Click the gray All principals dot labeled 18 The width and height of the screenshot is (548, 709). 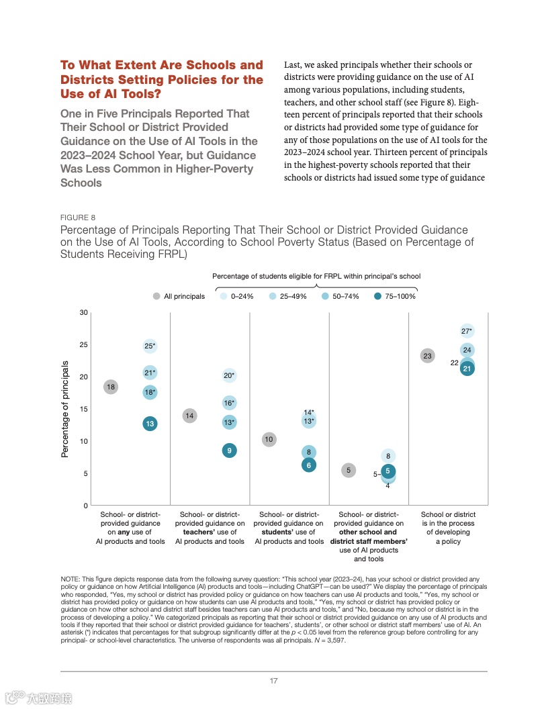click(111, 387)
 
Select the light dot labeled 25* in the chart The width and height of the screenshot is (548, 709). click(150, 346)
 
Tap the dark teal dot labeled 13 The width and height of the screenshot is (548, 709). click(150, 424)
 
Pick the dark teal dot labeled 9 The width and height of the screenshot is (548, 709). click(230, 451)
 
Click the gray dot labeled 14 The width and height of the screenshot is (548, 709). click(190, 416)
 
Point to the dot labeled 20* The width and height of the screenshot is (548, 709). click(230, 376)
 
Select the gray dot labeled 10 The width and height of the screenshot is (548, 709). click(269, 440)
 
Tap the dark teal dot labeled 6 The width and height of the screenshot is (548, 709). click(309, 465)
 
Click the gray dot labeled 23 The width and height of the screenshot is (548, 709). click(427, 356)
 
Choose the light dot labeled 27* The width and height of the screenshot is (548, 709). click(467, 331)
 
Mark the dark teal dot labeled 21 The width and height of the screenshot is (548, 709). click(467, 368)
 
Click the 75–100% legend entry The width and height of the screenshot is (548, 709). click(396, 296)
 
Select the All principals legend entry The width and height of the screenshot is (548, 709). click(179, 296)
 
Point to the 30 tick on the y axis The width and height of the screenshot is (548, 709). click(83, 313)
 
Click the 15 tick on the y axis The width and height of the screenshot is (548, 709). click(83, 409)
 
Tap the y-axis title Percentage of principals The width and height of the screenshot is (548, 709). click(65, 409)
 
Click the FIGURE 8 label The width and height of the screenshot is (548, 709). click(78, 218)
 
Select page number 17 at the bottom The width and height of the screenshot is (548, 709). click(274, 681)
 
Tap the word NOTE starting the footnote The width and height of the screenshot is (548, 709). click(69, 579)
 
